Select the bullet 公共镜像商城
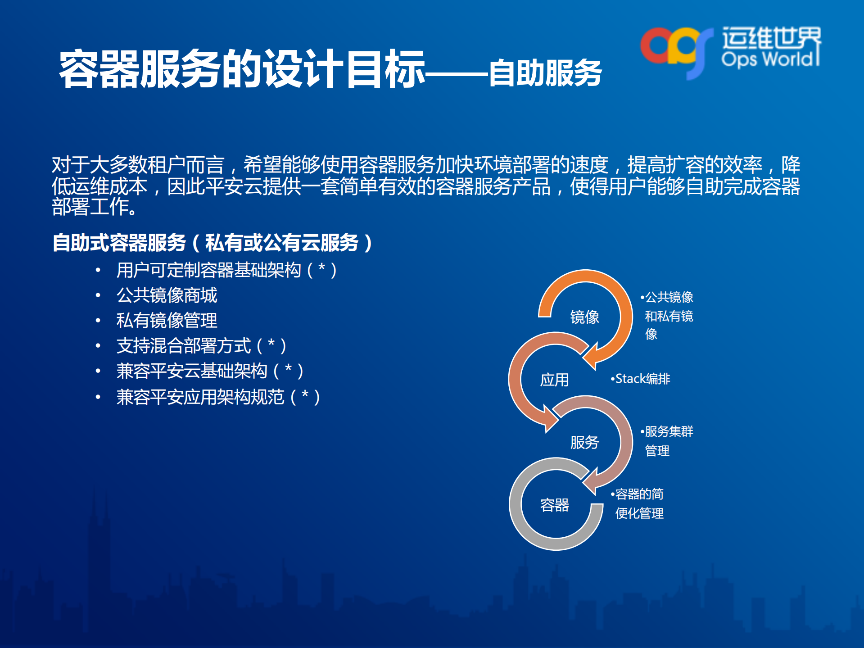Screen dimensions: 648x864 (x=167, y=295)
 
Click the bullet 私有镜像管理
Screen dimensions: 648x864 (x=167, y=321)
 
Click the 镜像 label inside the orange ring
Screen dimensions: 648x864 (x=584, y=317)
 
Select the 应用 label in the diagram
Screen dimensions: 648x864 (x=554, y=380)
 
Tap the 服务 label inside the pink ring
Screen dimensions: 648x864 (x=584, y=442)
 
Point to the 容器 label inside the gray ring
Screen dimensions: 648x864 (x=554, y=505)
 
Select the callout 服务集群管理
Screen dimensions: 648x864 (x=668, y=440)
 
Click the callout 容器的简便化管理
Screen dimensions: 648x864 (x=639, y=503)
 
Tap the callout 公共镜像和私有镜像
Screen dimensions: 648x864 (x=668, y=315)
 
